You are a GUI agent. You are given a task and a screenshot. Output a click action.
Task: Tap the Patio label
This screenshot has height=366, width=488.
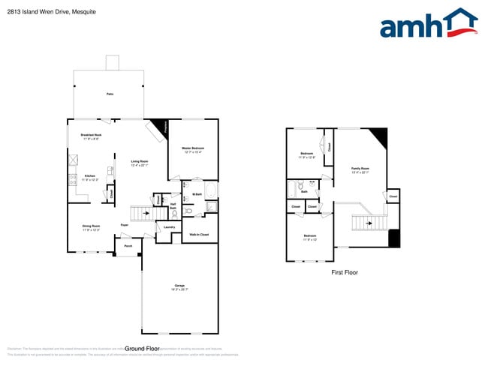pos(110,94)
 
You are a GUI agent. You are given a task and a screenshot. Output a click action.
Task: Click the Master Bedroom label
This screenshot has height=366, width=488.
pos(193,148)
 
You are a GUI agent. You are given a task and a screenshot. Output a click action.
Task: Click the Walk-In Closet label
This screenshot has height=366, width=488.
pos(199,235)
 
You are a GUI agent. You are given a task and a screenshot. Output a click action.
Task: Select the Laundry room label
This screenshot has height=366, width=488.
pos(169,226)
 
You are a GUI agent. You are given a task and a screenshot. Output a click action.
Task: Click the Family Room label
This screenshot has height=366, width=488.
pos(361,169)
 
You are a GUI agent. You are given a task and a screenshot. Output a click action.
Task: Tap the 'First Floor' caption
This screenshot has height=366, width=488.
pos(345,273)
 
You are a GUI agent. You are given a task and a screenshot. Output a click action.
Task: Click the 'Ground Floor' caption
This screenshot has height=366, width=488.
pos(143,349)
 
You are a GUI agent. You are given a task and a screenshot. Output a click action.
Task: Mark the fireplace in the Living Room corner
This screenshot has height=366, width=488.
pos(159,127)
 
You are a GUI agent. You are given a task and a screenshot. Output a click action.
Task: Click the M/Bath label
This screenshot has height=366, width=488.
pos(197,194)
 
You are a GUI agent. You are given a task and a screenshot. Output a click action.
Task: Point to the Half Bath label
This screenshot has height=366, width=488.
pos(173,207)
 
